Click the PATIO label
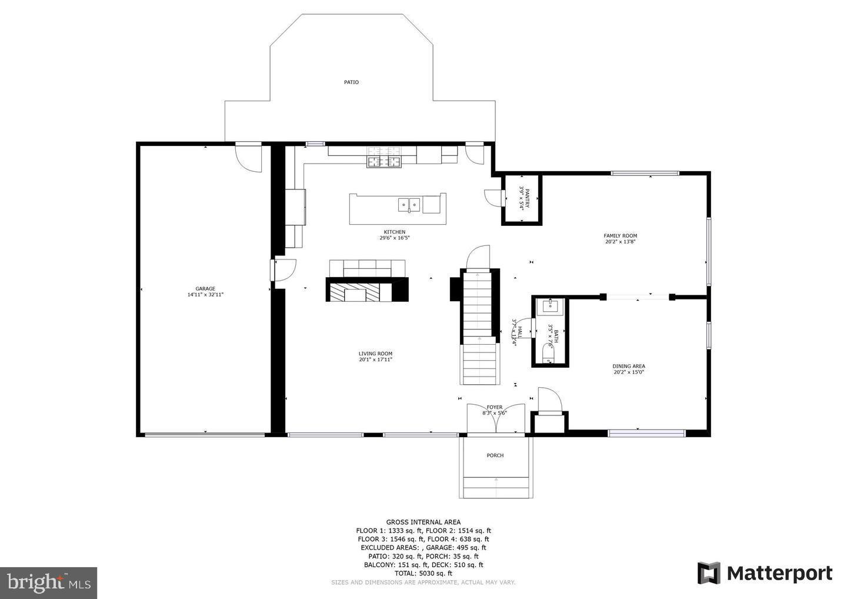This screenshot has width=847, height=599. point(351,82)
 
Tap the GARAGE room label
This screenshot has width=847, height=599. point(205,288)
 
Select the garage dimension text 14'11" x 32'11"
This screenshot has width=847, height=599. point(205,294)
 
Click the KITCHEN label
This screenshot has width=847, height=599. point(394,232)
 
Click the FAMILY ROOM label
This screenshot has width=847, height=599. point(621,235)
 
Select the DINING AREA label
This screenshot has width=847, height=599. point(629,366)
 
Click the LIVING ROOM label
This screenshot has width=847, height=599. point(375,354)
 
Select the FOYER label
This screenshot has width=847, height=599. point(495,407)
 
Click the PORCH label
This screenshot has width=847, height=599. point(495,455)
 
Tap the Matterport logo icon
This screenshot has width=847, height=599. point(709,573)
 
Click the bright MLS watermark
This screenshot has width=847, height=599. point(48,583)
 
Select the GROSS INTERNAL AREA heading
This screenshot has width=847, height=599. point(423,522)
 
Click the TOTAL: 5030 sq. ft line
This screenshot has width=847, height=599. point(423,573)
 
